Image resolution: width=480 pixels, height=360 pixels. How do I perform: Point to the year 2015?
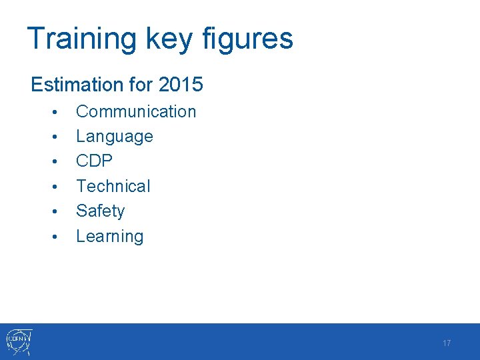[x=181, y=85]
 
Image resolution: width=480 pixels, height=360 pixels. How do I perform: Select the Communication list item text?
[x=136, y=111]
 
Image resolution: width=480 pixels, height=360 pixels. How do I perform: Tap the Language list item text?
[x=115, y=137]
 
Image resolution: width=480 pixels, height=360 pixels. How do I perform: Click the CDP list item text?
[x=95, y=161]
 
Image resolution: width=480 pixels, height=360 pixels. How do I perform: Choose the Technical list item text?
[x=113, y=186]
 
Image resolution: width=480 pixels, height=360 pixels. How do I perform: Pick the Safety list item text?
[x=101, y=211]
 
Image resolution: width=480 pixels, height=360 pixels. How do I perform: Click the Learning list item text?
[x=110, y=236]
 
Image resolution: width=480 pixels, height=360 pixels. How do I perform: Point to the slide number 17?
[x=447, y=343]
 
